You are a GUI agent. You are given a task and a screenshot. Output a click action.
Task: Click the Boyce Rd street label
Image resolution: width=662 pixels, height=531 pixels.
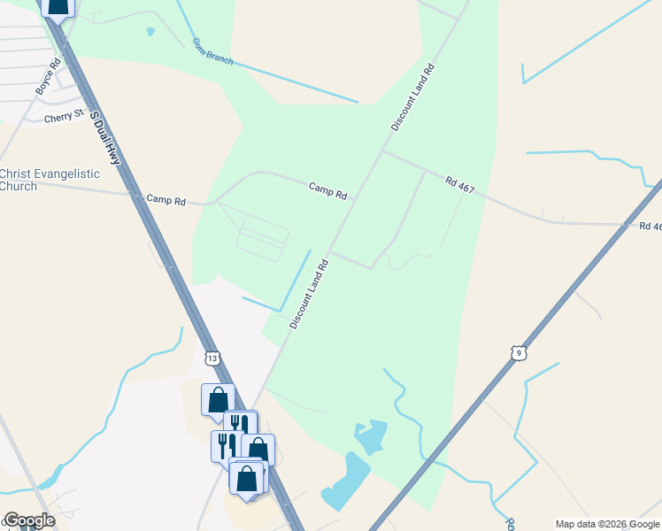(48, 77)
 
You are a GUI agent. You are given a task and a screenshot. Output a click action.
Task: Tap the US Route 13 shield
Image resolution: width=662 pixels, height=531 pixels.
(211, 358)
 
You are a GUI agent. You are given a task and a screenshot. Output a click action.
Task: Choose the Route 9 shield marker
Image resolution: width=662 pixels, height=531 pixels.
(519, 353)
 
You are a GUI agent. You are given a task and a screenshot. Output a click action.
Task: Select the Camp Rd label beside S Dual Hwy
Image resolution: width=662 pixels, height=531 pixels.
(165, 201)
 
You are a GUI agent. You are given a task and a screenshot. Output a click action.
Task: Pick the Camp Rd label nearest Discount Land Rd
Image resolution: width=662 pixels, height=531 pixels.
(327, 189)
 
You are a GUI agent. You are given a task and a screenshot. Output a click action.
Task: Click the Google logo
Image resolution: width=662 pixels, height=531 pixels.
(28, 520)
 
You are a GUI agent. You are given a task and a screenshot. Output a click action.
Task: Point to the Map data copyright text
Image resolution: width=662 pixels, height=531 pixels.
(607, 524)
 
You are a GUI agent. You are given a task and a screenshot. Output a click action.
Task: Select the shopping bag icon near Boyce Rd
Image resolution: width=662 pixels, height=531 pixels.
(58, 7)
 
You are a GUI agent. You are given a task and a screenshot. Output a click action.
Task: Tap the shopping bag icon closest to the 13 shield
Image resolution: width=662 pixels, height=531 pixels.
(218, 398)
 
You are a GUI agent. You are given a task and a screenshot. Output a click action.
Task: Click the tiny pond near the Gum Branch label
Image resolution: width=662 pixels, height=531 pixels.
(150, 32)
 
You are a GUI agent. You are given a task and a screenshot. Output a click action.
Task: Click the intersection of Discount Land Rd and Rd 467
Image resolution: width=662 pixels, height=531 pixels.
(381, 151)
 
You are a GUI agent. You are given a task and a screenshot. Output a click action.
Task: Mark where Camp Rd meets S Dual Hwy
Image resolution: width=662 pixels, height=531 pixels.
(137, 196)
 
